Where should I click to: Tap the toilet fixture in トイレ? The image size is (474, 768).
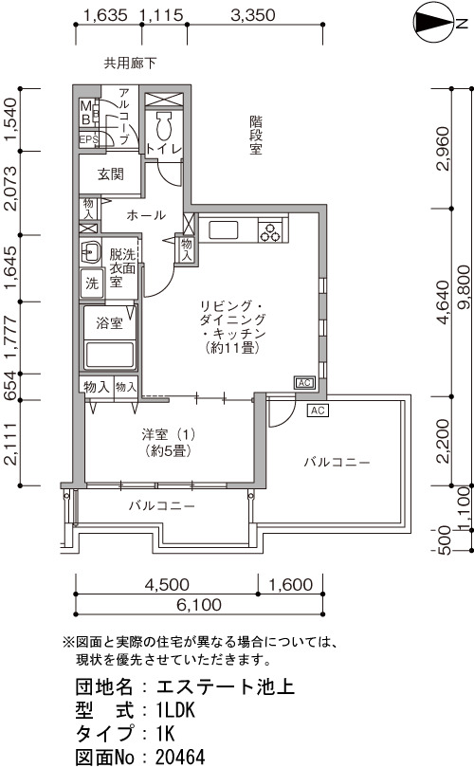tap(162, 127)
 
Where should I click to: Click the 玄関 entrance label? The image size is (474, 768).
tap(110, 174)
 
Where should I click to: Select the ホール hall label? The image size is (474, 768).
tap(146, 215)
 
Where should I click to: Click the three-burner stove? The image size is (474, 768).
tap(271, 231)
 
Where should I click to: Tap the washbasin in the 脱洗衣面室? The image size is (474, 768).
tap(91, 253)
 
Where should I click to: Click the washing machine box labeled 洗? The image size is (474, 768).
tap(92, 283)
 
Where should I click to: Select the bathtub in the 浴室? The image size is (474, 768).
tap(110, 355)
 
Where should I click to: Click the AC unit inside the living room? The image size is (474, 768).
tap(304, 382)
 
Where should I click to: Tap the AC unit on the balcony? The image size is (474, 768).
tap(318, 410)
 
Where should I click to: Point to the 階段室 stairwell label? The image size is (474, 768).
tap(256, 135)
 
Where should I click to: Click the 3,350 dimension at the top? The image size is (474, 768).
tap(253, 15)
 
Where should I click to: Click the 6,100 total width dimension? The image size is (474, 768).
tap(199, 605)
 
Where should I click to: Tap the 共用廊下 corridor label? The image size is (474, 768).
tap(130, 64)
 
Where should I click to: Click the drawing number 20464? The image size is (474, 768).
tap(180, 757)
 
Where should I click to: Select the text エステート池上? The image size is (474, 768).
tap(226, 686)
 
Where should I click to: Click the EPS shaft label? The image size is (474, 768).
tap(88, 139)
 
